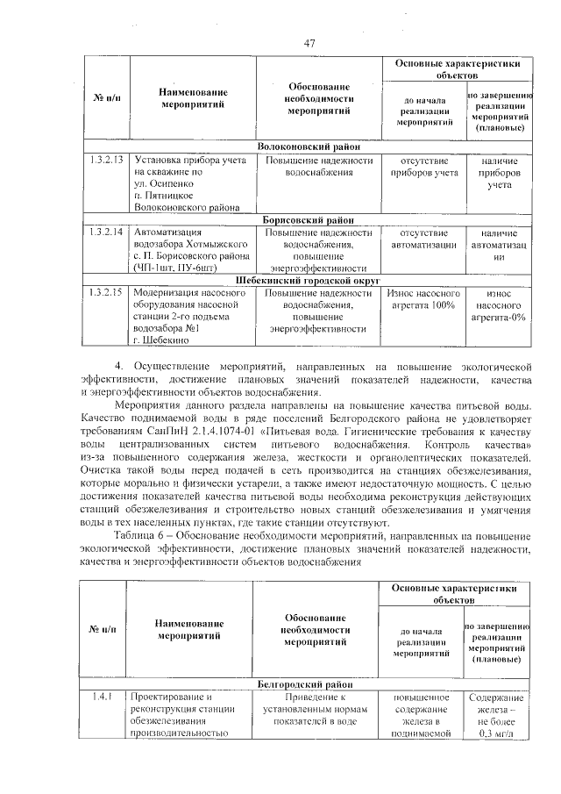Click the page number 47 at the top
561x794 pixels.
[309, 44]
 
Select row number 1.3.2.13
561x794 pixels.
[105, 160]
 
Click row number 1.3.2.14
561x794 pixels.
[105, 232]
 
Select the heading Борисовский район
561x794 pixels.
[309, 219]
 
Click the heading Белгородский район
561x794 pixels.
[309, 683]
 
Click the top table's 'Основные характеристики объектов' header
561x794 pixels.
[456, 70]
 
